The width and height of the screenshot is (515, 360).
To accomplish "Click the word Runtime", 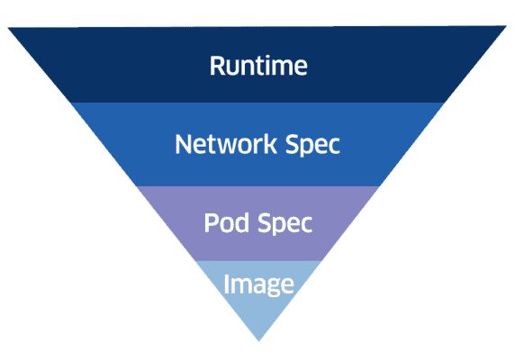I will click(258, 66).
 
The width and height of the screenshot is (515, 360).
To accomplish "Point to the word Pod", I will click(224, 223).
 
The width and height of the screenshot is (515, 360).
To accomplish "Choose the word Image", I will click(258, 285).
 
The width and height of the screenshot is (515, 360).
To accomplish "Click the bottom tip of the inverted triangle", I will click(258, 341).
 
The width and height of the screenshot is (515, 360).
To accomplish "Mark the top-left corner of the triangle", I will click(9, 27).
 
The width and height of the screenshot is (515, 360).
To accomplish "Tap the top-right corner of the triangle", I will click(506, 27).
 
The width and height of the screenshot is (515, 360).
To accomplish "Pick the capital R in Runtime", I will click(217, 66).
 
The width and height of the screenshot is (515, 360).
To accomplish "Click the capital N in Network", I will click(183, 144).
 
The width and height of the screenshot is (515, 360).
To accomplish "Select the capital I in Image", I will click(227, 284).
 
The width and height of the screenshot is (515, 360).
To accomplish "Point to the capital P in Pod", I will click(211, 223).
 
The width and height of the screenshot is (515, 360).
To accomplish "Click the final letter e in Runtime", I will click(300, 67).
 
